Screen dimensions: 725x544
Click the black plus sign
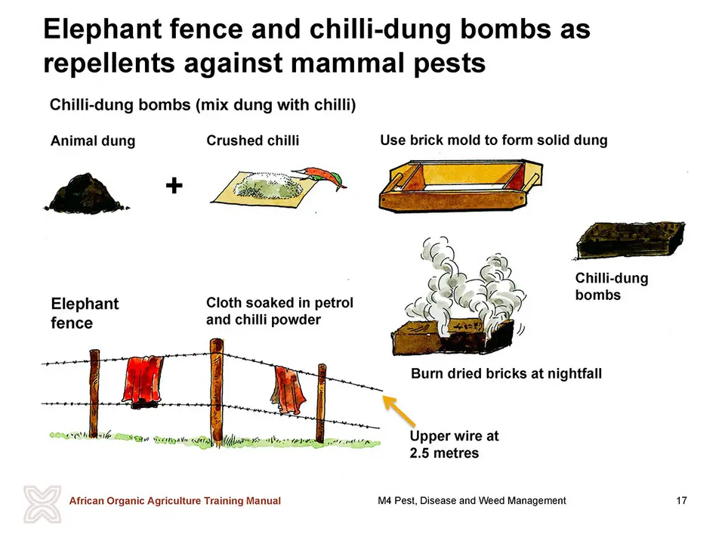174,186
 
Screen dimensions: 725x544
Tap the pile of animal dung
87,194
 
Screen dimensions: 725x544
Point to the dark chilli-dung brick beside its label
631,240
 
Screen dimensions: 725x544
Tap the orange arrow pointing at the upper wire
399,411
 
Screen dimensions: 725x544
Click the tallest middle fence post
217,392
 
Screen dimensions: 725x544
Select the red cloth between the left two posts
143,382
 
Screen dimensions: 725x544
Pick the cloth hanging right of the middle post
288,391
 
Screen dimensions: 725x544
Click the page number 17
681,500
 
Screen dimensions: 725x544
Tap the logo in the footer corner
42,504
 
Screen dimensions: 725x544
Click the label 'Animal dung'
93,141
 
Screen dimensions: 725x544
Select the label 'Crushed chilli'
252,141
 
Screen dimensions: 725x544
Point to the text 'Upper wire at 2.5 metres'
454,444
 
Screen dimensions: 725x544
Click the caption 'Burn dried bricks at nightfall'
506,373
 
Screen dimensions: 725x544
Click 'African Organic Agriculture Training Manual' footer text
174,500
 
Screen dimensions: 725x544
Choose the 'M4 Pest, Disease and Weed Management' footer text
471,500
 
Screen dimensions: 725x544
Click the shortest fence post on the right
321,403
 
